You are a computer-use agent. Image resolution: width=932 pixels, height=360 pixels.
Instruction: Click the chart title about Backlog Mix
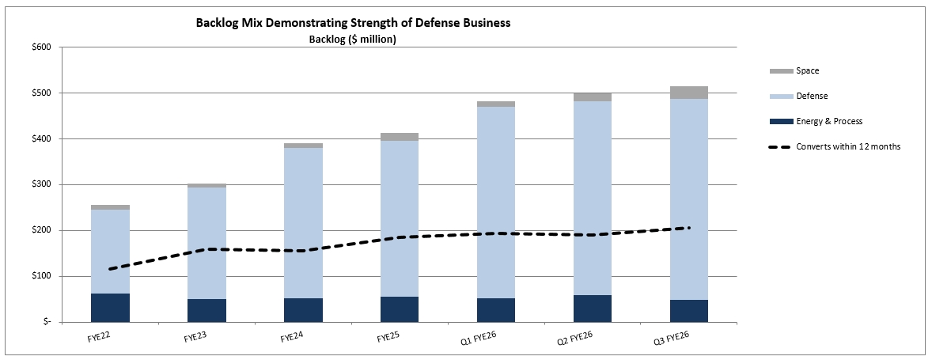coord(353,23)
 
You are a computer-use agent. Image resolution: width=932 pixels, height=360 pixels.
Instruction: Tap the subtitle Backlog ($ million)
coord(352,40)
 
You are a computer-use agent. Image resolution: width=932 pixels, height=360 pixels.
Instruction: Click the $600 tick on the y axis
coord(40,47)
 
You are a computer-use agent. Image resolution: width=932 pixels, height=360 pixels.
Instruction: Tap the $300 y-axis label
coord(40,185)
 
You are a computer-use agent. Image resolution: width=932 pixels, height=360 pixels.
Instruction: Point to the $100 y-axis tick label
coord(40,277)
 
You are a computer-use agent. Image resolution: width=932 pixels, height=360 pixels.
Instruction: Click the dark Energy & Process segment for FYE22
coord(110,308)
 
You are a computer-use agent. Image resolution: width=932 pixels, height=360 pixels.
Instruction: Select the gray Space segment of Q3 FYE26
coord(688,93)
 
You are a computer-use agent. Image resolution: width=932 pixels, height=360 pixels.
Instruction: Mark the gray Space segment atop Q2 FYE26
coord(592,97)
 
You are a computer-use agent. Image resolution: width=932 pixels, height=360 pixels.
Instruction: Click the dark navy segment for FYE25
coord(399,309)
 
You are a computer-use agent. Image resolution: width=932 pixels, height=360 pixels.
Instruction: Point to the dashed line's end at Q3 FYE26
coord(689,228)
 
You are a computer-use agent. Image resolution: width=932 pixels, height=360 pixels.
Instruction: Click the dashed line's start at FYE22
coord(110,269)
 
